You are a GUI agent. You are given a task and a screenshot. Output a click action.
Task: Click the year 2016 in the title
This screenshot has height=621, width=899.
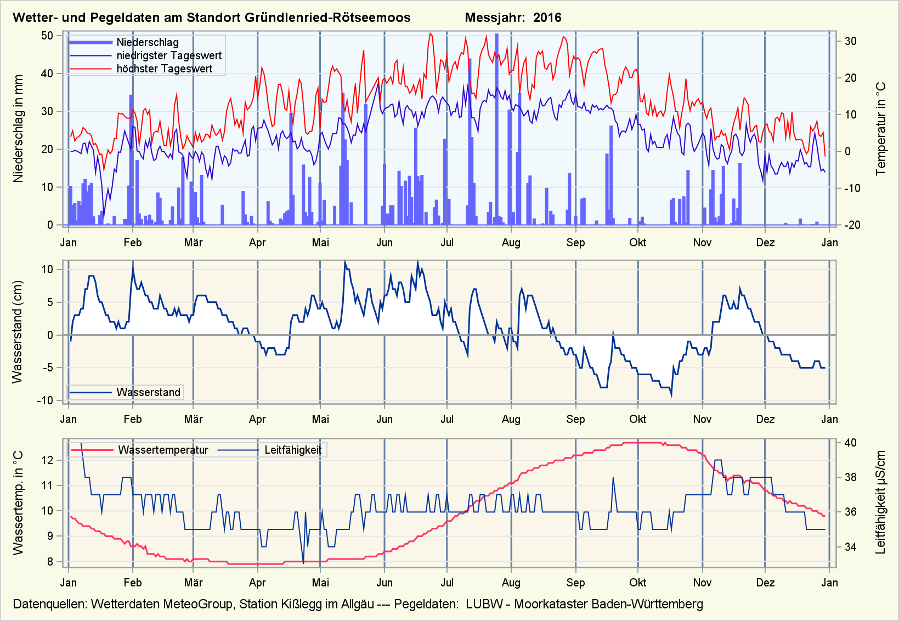[547, 18]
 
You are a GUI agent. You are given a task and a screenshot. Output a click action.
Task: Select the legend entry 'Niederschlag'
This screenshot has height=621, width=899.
[147, 42]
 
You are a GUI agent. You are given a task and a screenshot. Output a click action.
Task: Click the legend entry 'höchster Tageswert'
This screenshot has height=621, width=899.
[164, 69]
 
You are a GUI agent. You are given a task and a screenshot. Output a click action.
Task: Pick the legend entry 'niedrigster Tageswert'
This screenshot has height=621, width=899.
[169, 55]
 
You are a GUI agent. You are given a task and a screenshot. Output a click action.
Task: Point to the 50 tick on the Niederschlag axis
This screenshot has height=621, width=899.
[47, 36]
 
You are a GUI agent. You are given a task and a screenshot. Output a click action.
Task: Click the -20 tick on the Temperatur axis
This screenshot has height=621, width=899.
[850, 225]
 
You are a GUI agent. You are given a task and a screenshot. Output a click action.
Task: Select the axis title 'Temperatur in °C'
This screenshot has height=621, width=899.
[881, 129]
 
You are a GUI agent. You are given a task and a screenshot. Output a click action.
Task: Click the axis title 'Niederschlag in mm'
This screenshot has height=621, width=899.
[19, 129]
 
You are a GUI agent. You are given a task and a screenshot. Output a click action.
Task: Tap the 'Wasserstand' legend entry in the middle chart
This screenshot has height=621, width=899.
[148, 392]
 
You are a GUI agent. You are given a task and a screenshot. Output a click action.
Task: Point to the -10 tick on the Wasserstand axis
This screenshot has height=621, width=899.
[45, 400]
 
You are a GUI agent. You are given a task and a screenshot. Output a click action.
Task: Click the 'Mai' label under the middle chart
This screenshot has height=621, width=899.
[320, 419]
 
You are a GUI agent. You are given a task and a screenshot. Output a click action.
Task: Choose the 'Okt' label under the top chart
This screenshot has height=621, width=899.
[637, 242]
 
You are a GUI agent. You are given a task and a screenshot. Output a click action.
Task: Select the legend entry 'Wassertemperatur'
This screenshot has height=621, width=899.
[163, 450]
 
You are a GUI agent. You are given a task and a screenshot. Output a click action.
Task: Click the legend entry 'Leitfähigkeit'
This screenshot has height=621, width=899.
[293, 450]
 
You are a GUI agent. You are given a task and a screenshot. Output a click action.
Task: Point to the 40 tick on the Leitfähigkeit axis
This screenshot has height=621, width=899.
[850, 443]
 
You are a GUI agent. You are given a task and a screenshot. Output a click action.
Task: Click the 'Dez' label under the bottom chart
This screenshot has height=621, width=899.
[765, 583]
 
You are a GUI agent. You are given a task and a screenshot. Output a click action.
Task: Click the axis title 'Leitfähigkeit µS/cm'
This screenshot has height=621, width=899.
[881, 503]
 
